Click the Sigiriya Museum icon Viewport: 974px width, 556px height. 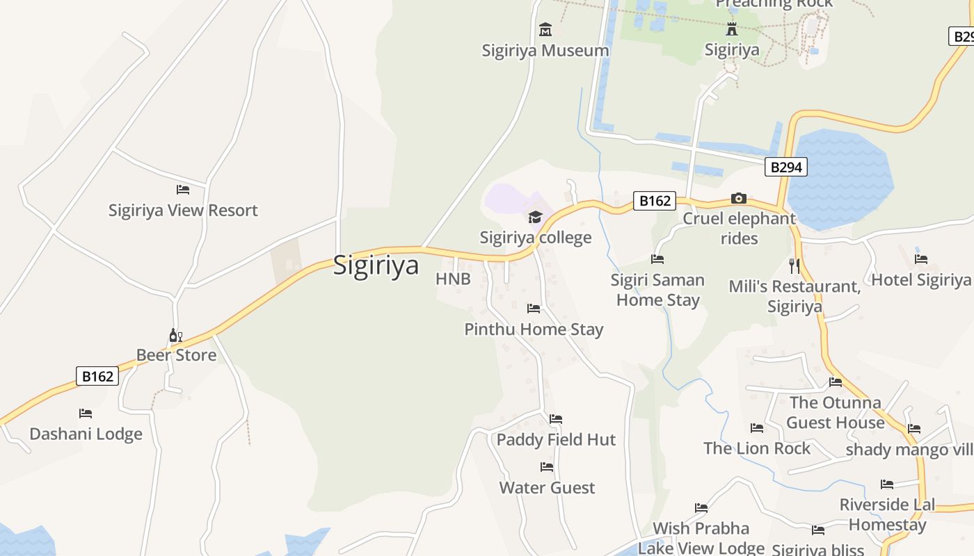coord(545,30)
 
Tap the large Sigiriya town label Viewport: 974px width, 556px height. coord(376,265)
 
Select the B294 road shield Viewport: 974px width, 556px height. coord(786,167)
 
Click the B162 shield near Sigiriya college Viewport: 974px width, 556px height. coord(654,201)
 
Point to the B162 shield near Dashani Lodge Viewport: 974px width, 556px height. coord(97,376)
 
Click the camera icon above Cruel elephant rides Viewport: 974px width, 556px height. coord(739,199)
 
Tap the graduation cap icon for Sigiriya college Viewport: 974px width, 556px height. coord(535,218)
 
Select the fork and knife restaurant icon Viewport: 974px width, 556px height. coord(795,265)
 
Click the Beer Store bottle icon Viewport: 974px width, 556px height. coord(175,336)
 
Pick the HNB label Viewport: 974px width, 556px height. coord(453,279)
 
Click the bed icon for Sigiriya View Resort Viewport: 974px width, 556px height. coord(183,189)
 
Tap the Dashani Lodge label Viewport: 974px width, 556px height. coord(86,434)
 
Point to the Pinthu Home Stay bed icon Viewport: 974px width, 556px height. coord(534,308)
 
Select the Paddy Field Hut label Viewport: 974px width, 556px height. coord(556,440)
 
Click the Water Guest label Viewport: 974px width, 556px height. coord(547,488)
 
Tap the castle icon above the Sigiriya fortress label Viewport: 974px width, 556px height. coord(732,29)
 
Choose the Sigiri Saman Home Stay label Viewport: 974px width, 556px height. coord(657,291)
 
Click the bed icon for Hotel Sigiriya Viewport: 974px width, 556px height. coord(921,259)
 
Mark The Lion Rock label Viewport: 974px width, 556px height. coord(757,448)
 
